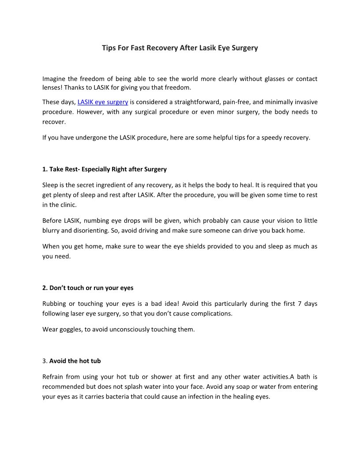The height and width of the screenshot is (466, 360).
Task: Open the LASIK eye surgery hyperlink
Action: coord(103,102)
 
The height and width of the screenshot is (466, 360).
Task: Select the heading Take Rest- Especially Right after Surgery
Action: coord(105,169)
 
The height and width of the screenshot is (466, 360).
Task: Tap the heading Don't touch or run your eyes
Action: coord(88,288)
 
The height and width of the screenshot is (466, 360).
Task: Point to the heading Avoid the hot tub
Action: coord(75,361)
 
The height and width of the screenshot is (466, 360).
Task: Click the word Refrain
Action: coord(54,377)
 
